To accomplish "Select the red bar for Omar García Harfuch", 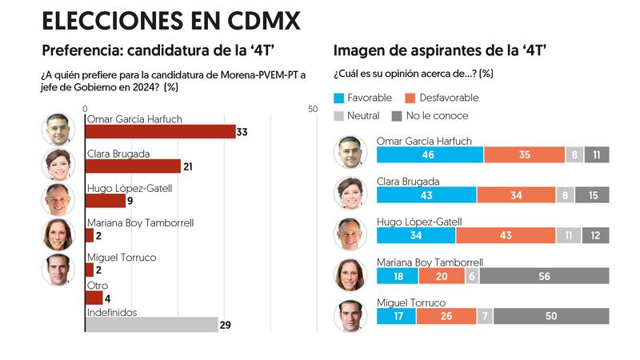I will point(160,132).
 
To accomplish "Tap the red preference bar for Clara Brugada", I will point(133,166).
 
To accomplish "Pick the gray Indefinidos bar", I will point(151,324).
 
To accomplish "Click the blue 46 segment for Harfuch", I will point(430,154).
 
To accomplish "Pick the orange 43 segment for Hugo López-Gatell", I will point(505,235).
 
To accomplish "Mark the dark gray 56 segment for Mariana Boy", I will point(544,275).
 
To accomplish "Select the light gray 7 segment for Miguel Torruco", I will point(484,316).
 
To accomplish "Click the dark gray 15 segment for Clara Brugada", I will point(591,194).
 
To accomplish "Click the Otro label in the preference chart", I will point(96,286).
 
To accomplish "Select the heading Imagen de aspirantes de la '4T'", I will point(440,51).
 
